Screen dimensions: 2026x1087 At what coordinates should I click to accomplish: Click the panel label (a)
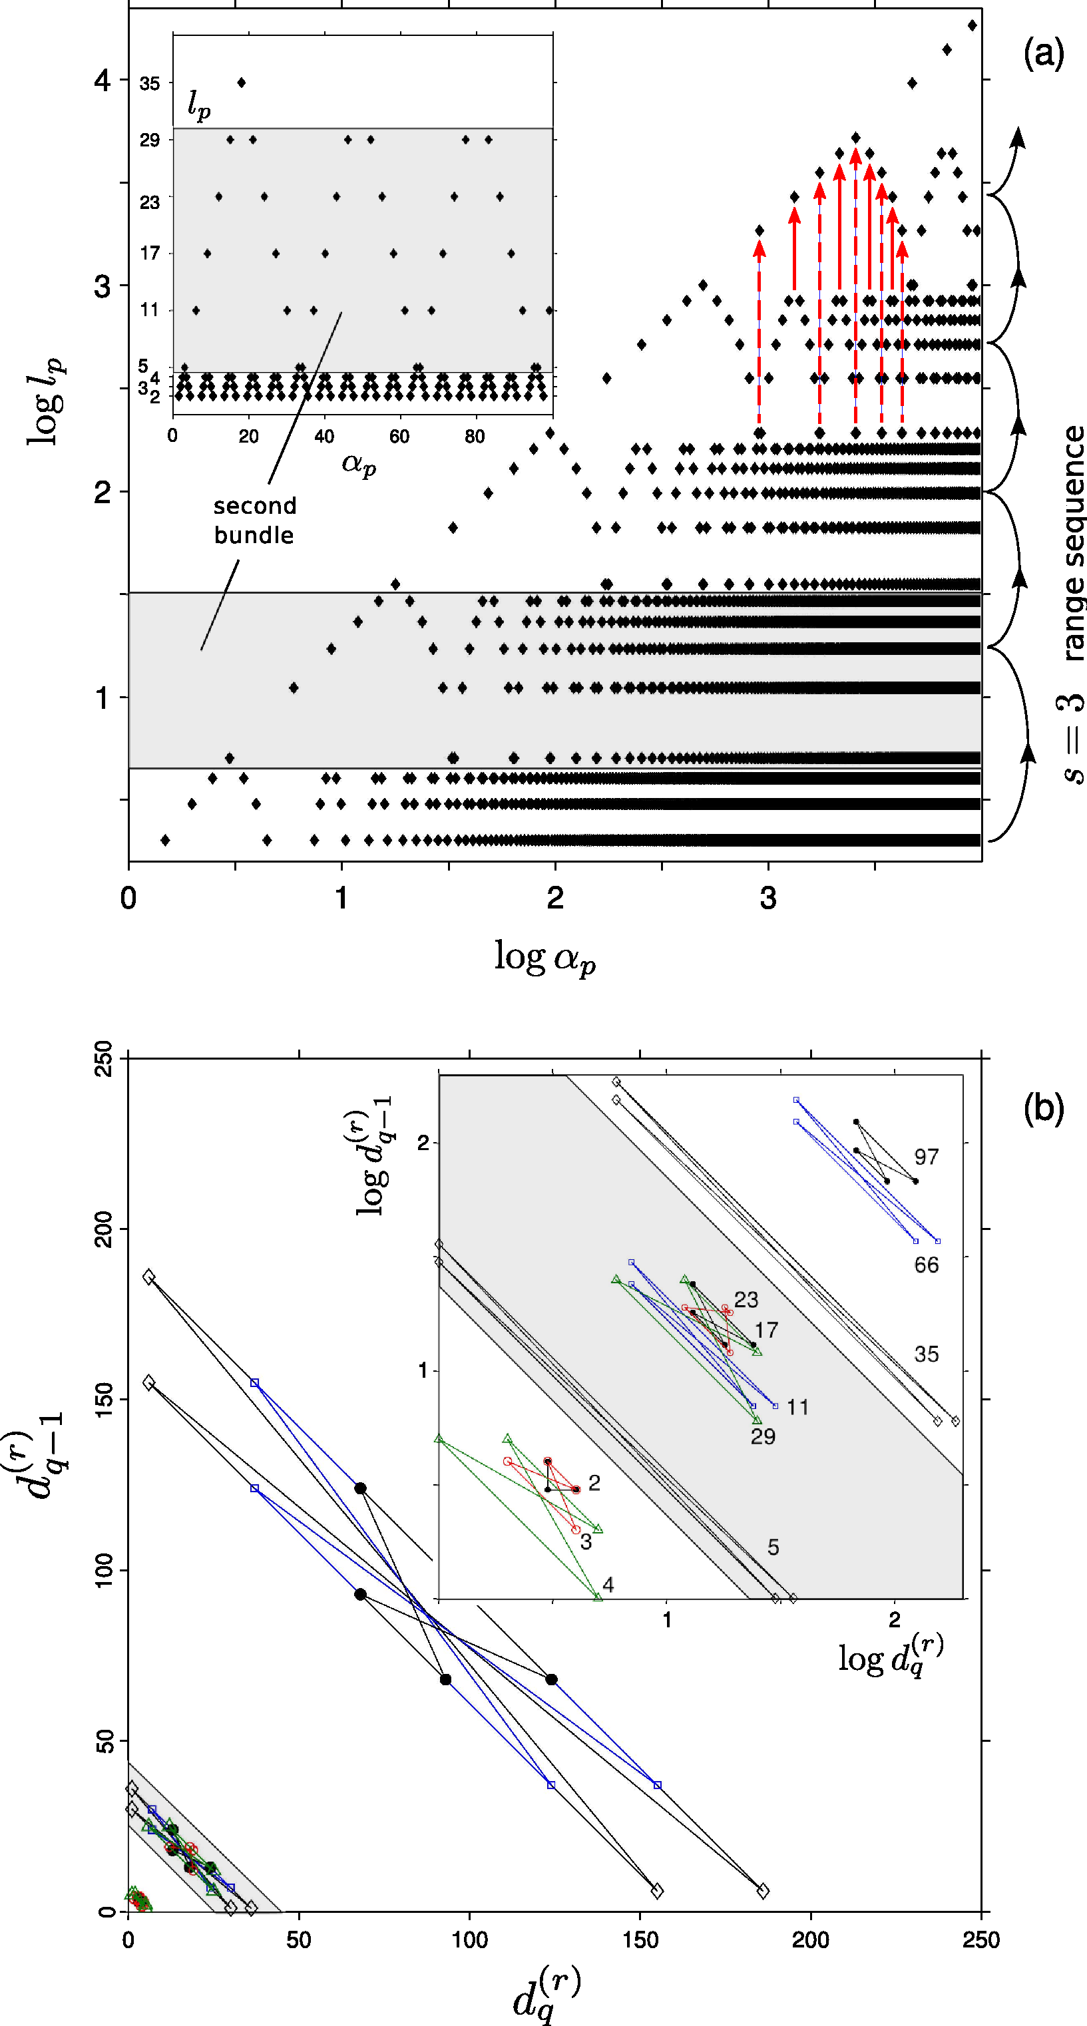pos(1043,55)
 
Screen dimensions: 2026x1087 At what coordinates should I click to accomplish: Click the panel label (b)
pos(1043,1108)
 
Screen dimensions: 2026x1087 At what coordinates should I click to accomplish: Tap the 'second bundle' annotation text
pos(254,520)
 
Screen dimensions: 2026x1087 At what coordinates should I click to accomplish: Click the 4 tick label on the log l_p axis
pos(103,81)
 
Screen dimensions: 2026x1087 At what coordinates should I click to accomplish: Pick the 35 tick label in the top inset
pos(150,83)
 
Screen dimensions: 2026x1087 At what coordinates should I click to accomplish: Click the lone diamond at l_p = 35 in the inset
pos(242,83)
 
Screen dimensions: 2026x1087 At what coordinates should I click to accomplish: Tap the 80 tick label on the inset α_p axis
pos(475,437)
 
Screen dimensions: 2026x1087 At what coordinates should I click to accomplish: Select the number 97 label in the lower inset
pos(926,1157)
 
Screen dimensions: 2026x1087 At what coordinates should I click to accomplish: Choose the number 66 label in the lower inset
pos(926,1265)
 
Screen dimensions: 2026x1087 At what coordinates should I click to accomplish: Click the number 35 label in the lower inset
pos(926,1354)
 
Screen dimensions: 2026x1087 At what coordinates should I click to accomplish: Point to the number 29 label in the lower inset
pos(762,1436)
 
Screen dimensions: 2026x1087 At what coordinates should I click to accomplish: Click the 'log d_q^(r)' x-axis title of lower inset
pos(891,1655)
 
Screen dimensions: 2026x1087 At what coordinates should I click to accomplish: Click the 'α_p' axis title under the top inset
pos(359,463)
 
